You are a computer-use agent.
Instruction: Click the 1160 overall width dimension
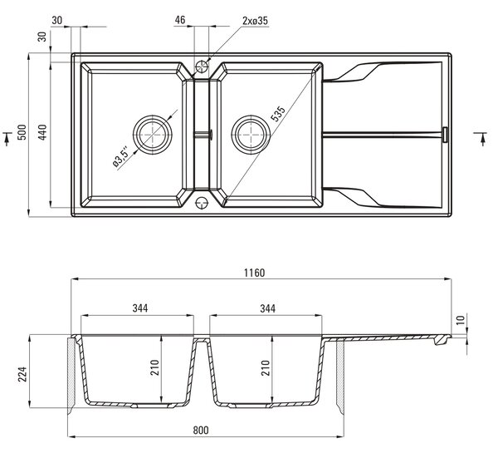click(254, 273)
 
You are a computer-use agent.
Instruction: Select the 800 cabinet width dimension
click(201, 431)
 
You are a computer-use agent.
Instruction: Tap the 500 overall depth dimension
click(22, 132)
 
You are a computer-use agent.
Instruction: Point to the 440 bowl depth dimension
click(42, 132)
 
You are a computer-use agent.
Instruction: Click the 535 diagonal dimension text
click(278, 114)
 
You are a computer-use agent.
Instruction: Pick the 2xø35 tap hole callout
click(255, 21)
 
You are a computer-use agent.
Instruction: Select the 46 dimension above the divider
click(180, 20)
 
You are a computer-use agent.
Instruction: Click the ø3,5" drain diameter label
click(120, 157)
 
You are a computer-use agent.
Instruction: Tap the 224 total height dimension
click(22, 374)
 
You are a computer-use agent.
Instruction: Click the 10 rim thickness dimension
click(461, 319)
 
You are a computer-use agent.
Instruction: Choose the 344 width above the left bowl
click(140, 308)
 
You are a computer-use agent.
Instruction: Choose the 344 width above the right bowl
click(268, 308)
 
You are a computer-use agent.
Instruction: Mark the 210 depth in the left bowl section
click(154, 367)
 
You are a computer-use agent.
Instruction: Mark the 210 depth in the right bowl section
click(266, 367)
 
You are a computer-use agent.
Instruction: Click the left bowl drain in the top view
click(153, 135)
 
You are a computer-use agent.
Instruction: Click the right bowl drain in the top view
click(251, 135)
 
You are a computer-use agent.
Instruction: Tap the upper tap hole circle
click(202, 66)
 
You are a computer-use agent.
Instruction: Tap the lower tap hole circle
click(202, 202)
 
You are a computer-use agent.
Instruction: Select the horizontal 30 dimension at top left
click(56, 21)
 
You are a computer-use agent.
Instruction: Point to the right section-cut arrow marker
click(482, 137)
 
